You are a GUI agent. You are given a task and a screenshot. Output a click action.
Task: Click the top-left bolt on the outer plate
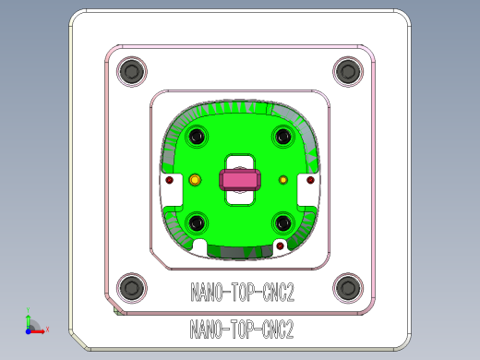pyautogui.click(x=133, y=70)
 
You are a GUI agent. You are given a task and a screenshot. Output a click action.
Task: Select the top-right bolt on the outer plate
pyautogui.click(x=347, y=70)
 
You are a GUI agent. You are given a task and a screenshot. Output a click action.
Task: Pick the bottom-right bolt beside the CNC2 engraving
pyautogui.click(x=347, y=287)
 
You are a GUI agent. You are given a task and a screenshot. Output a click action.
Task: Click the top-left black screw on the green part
pyautogui.click(x=197, y=138)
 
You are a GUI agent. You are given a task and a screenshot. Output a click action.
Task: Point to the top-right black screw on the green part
pyautogui.click(x=282, y=138)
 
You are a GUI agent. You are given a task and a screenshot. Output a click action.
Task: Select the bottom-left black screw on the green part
pyautogui.click(x=197, y=222)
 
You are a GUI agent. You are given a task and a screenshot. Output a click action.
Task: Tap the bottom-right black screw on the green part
pyautogui.click(x=282, y=222)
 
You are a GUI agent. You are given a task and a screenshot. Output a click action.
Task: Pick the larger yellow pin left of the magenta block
pyautogui.click(x=195, y=180)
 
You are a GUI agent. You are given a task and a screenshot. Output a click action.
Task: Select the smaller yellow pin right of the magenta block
pyautogui.click(x=283, y=179)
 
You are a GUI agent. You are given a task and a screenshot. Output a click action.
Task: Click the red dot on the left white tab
pyautogui.click(x=170, y=182)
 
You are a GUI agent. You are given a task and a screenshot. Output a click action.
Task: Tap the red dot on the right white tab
pyautogui.click(x=308, y=182)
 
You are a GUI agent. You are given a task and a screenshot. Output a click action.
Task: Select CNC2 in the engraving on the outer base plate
pyautogui.click(x=278, y=329)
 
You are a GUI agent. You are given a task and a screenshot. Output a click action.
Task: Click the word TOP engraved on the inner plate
pyautogui.click(x=242, y=294)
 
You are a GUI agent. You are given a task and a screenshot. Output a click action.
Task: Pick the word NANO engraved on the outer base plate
pyautogui.click(x=205, y=329)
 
